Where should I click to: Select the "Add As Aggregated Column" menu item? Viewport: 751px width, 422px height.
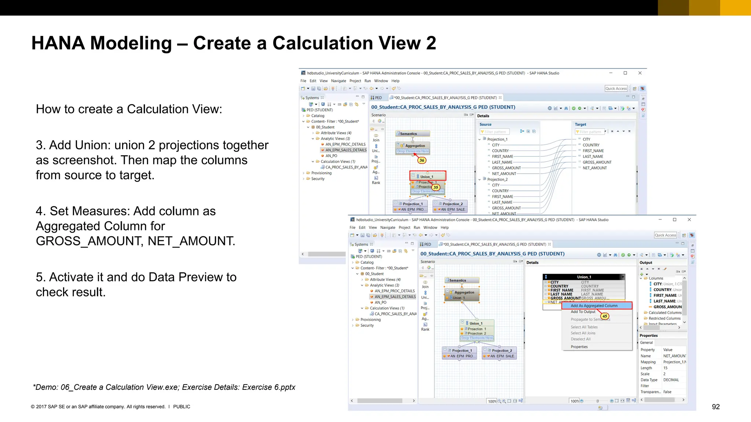coord(594,306)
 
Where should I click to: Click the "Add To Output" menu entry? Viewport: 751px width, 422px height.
coord(583,312)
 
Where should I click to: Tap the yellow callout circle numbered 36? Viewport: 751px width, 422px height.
coord(422,160)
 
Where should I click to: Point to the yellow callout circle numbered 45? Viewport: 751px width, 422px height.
coord(605,316)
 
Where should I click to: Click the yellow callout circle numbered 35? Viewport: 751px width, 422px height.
coord(436,187)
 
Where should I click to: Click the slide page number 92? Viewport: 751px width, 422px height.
coord(715,407)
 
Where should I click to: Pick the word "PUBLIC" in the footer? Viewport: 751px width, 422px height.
coord(182,407)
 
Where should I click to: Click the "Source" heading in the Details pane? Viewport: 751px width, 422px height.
coord(485,125)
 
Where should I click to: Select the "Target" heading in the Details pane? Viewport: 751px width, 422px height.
coord(580,125)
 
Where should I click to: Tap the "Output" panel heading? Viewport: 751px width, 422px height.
coord(646,263)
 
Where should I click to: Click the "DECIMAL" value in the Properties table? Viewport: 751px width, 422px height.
coord(671,380)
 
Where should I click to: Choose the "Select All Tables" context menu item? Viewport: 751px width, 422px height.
coord(584,327)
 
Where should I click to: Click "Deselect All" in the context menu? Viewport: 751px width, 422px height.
coord(580,339)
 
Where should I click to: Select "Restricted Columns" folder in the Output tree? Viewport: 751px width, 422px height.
coord(664,318)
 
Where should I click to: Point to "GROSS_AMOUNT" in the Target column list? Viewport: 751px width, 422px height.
coord(597,162)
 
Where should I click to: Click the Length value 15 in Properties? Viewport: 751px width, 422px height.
coord(665,368)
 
